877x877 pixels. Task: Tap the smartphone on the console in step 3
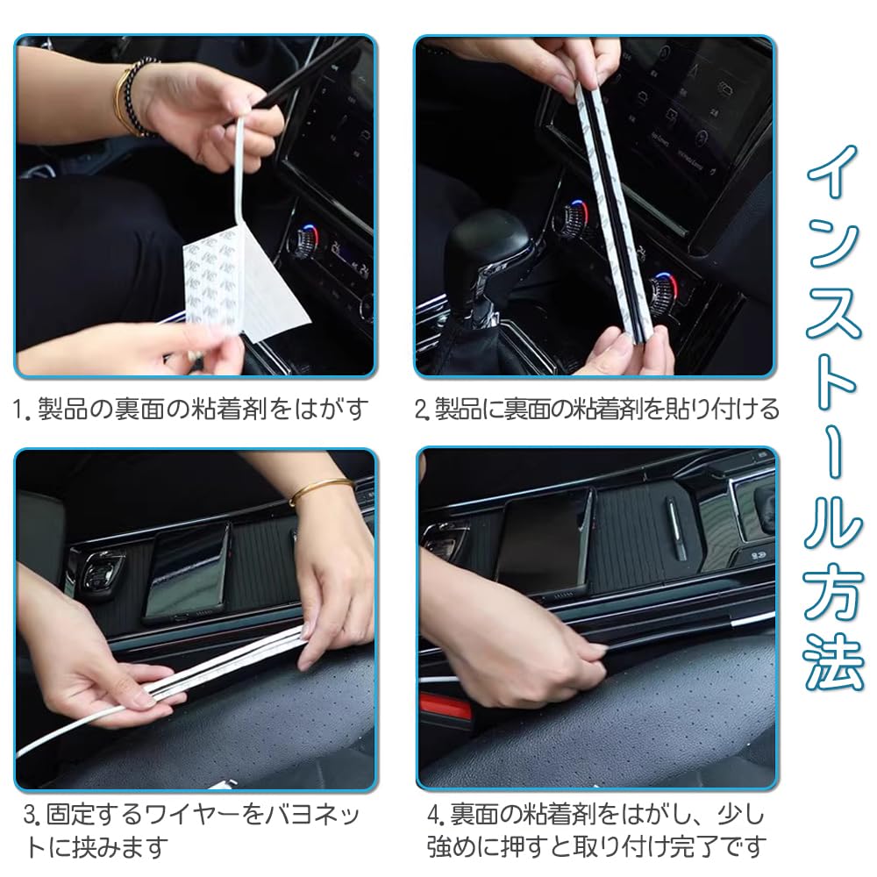pyautogui.click(x=188, y=571)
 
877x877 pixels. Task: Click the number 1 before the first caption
pyautogui.click(x=18, y=410)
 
